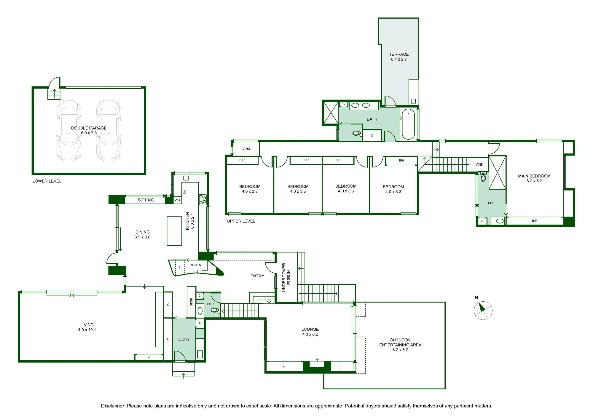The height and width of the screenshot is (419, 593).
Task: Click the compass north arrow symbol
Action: [483, 310]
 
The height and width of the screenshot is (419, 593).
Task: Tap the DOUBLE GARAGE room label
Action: [89, 128]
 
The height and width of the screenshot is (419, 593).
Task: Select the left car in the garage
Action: [69, 131]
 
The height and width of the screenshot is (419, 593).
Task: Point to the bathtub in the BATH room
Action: [408, 124]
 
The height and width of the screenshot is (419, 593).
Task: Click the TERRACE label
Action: [399, 54]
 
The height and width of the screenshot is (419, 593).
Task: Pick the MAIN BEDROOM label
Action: [534, 176]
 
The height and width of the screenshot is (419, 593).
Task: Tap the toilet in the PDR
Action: [215, 310]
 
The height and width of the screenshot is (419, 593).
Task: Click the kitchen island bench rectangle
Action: [174, 231]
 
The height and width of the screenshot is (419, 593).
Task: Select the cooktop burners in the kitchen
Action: [203, 200]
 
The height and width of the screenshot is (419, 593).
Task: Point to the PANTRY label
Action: [195, 265]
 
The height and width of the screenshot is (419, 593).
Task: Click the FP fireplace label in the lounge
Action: [317, 360]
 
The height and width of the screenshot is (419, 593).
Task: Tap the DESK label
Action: [191, 302]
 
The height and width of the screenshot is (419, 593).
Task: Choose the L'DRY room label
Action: [184, 339]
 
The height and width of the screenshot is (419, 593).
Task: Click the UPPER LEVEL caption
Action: [241, 221]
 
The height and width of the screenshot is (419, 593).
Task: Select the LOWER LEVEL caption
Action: [47, 181]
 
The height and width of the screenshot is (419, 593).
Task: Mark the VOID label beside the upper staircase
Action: [479, 164]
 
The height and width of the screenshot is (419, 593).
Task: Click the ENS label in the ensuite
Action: [491, 203]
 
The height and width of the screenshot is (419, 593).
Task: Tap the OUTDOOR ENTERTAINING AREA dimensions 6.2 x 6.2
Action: [400, 350]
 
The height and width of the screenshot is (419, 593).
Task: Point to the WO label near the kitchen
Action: [177, 200]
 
